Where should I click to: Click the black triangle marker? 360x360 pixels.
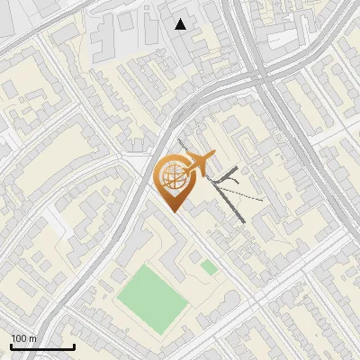[x=181, y=24]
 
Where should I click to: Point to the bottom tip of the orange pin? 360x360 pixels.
[x=174, y=212]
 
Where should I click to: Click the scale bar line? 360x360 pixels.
[x=42, y=347]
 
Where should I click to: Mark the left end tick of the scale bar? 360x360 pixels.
[x=11, y=346]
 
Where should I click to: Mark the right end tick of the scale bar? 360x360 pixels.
[x=74, y=346]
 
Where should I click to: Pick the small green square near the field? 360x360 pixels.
[x=209, y=267]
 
